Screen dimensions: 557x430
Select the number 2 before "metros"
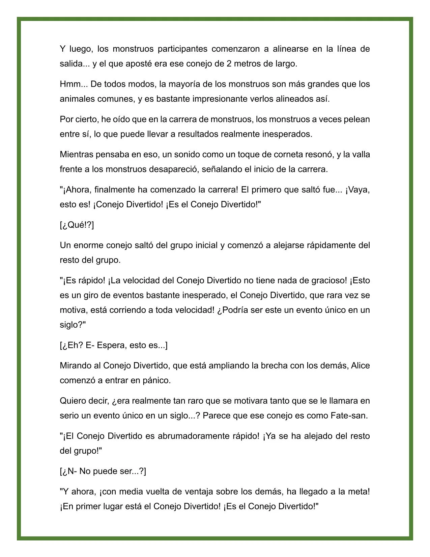pyautogui.click(x=229, y=64)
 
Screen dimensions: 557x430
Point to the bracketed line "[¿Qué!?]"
pyautogui.click(x=77, y=225)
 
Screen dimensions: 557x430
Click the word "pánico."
pyautogui.click(x=157, y=380)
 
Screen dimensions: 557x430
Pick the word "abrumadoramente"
pyautogui.click(x=193, y=436)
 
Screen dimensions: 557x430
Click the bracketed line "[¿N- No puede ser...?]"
pyautogui.click(x=103, y=471)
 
